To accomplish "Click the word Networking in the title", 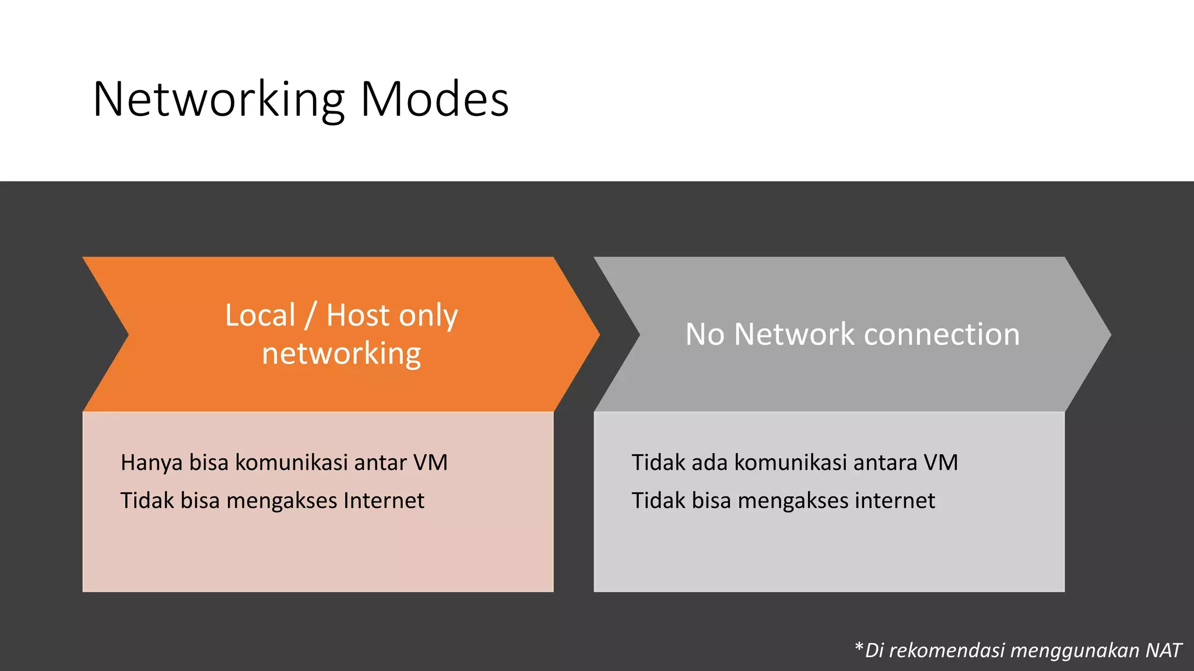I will [219, 100].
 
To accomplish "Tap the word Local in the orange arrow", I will [260, 316].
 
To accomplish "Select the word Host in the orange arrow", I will [358, 316].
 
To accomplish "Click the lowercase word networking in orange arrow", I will [341, 354].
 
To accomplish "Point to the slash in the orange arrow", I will [310, 316].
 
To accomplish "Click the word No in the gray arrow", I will [704, 335].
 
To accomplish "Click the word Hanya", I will [152, 463].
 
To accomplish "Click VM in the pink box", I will [430, 463].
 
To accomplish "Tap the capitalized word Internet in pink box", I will [384, 501].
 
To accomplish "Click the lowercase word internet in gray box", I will [894, 501].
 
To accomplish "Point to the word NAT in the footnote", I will [1163, 651].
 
